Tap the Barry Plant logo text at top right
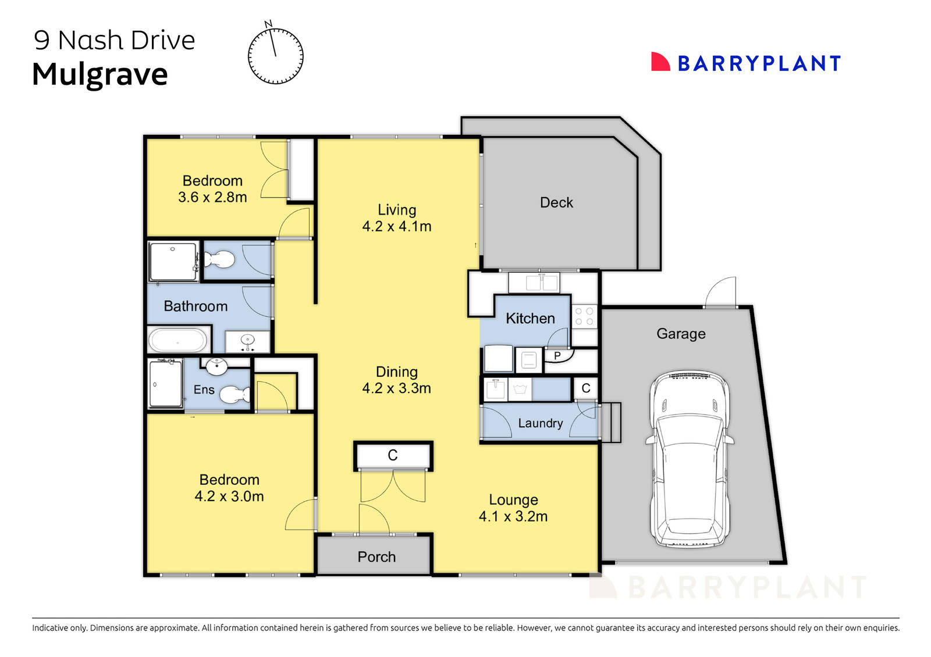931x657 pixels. tap(759, 63)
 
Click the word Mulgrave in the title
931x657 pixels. tap(100, 74)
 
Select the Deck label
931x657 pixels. tap(556, 202)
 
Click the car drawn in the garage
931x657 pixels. tap(689, 459)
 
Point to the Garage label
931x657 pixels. tap(681, 334)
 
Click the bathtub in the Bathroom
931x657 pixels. tap(178, 340)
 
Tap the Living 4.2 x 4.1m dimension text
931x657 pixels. tap(397, 226)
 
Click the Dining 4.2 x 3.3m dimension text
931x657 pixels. tap(397, 388)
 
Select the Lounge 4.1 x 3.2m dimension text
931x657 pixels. tap(513, 516)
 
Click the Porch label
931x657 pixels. tap(376, 557)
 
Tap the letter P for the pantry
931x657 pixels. tap(557, 356)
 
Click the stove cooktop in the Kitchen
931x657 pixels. tap(584, 316)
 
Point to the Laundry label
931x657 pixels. tap(541, 423)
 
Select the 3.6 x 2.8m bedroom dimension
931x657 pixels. tap(212, 197)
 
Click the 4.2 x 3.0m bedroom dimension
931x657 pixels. tap(229, 496)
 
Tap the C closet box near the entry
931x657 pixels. tap(393, 455)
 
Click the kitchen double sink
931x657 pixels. tap(542, 283)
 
